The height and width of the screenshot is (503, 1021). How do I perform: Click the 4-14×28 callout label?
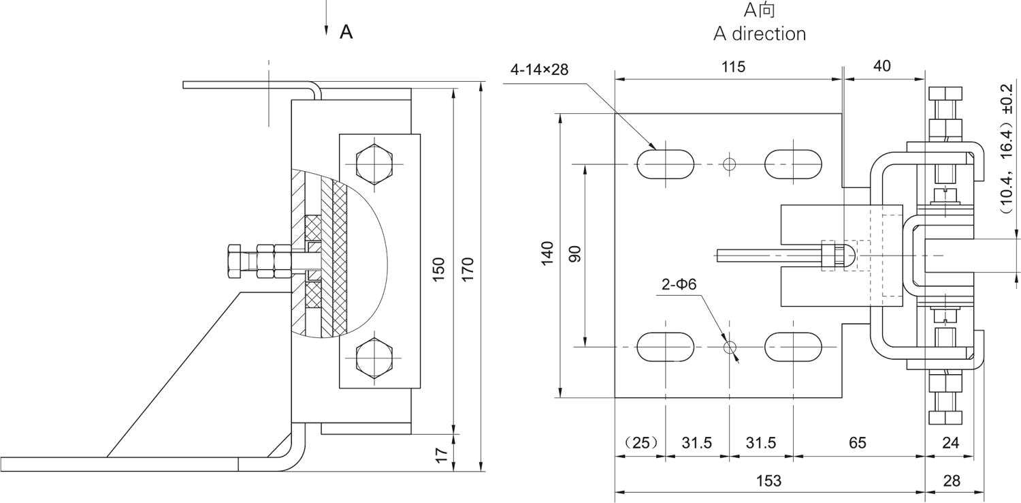tap(538, 70)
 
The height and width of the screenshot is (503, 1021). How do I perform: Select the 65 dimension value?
tap(857, 443)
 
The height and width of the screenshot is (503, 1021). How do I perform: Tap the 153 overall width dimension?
tap(768, 481)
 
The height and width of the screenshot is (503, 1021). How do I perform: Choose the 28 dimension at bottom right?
tap(952, 481)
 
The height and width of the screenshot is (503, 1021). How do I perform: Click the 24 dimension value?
tap(951, 443)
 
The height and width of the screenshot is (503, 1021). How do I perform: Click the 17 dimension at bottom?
tap(440, 455)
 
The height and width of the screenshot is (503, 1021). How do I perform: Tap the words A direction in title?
tap(759, 33)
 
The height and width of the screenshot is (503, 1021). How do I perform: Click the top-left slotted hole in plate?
tap(665, 164)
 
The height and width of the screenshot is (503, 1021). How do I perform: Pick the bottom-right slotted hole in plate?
tap(793, 347)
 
